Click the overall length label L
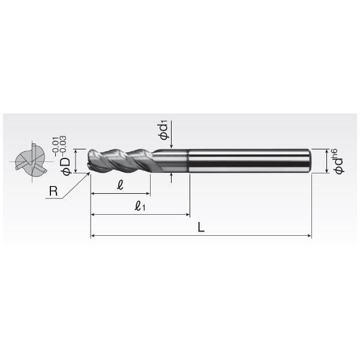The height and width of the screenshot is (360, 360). (201, 229)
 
